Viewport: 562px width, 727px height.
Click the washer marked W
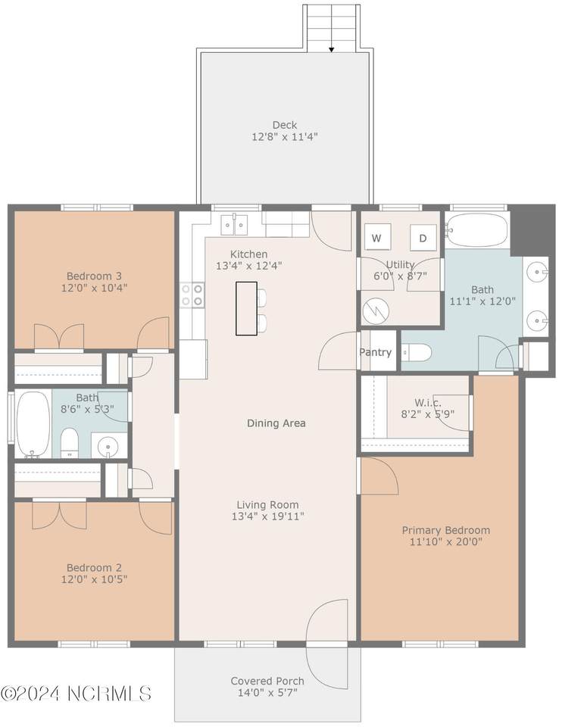[x=377, y=237]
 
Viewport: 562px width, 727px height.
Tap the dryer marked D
[x=423, y=237]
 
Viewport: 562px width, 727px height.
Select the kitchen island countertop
[x=246, y=308]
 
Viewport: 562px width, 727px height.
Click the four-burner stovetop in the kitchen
[x=192, y=295]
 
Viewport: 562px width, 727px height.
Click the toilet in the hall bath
[x=70, y=443]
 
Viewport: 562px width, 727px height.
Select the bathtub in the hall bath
[x=33, y=424]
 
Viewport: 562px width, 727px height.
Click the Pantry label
[x=375, y=352]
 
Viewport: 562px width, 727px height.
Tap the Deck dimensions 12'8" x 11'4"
[x=285, y=137]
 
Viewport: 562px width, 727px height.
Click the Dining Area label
[x=276, y=423]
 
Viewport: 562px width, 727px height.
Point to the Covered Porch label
[x=267, y=681]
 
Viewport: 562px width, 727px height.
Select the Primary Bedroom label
[x=445, y=530]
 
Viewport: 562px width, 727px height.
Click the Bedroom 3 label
[x=94, y=276]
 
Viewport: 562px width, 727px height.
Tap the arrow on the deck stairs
[x=332, y=49]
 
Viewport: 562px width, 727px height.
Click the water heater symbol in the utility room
[x=376, y=310]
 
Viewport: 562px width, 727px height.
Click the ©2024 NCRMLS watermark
[x=76, y=694]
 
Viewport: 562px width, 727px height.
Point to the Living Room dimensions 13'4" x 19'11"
[x=268, y=516]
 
